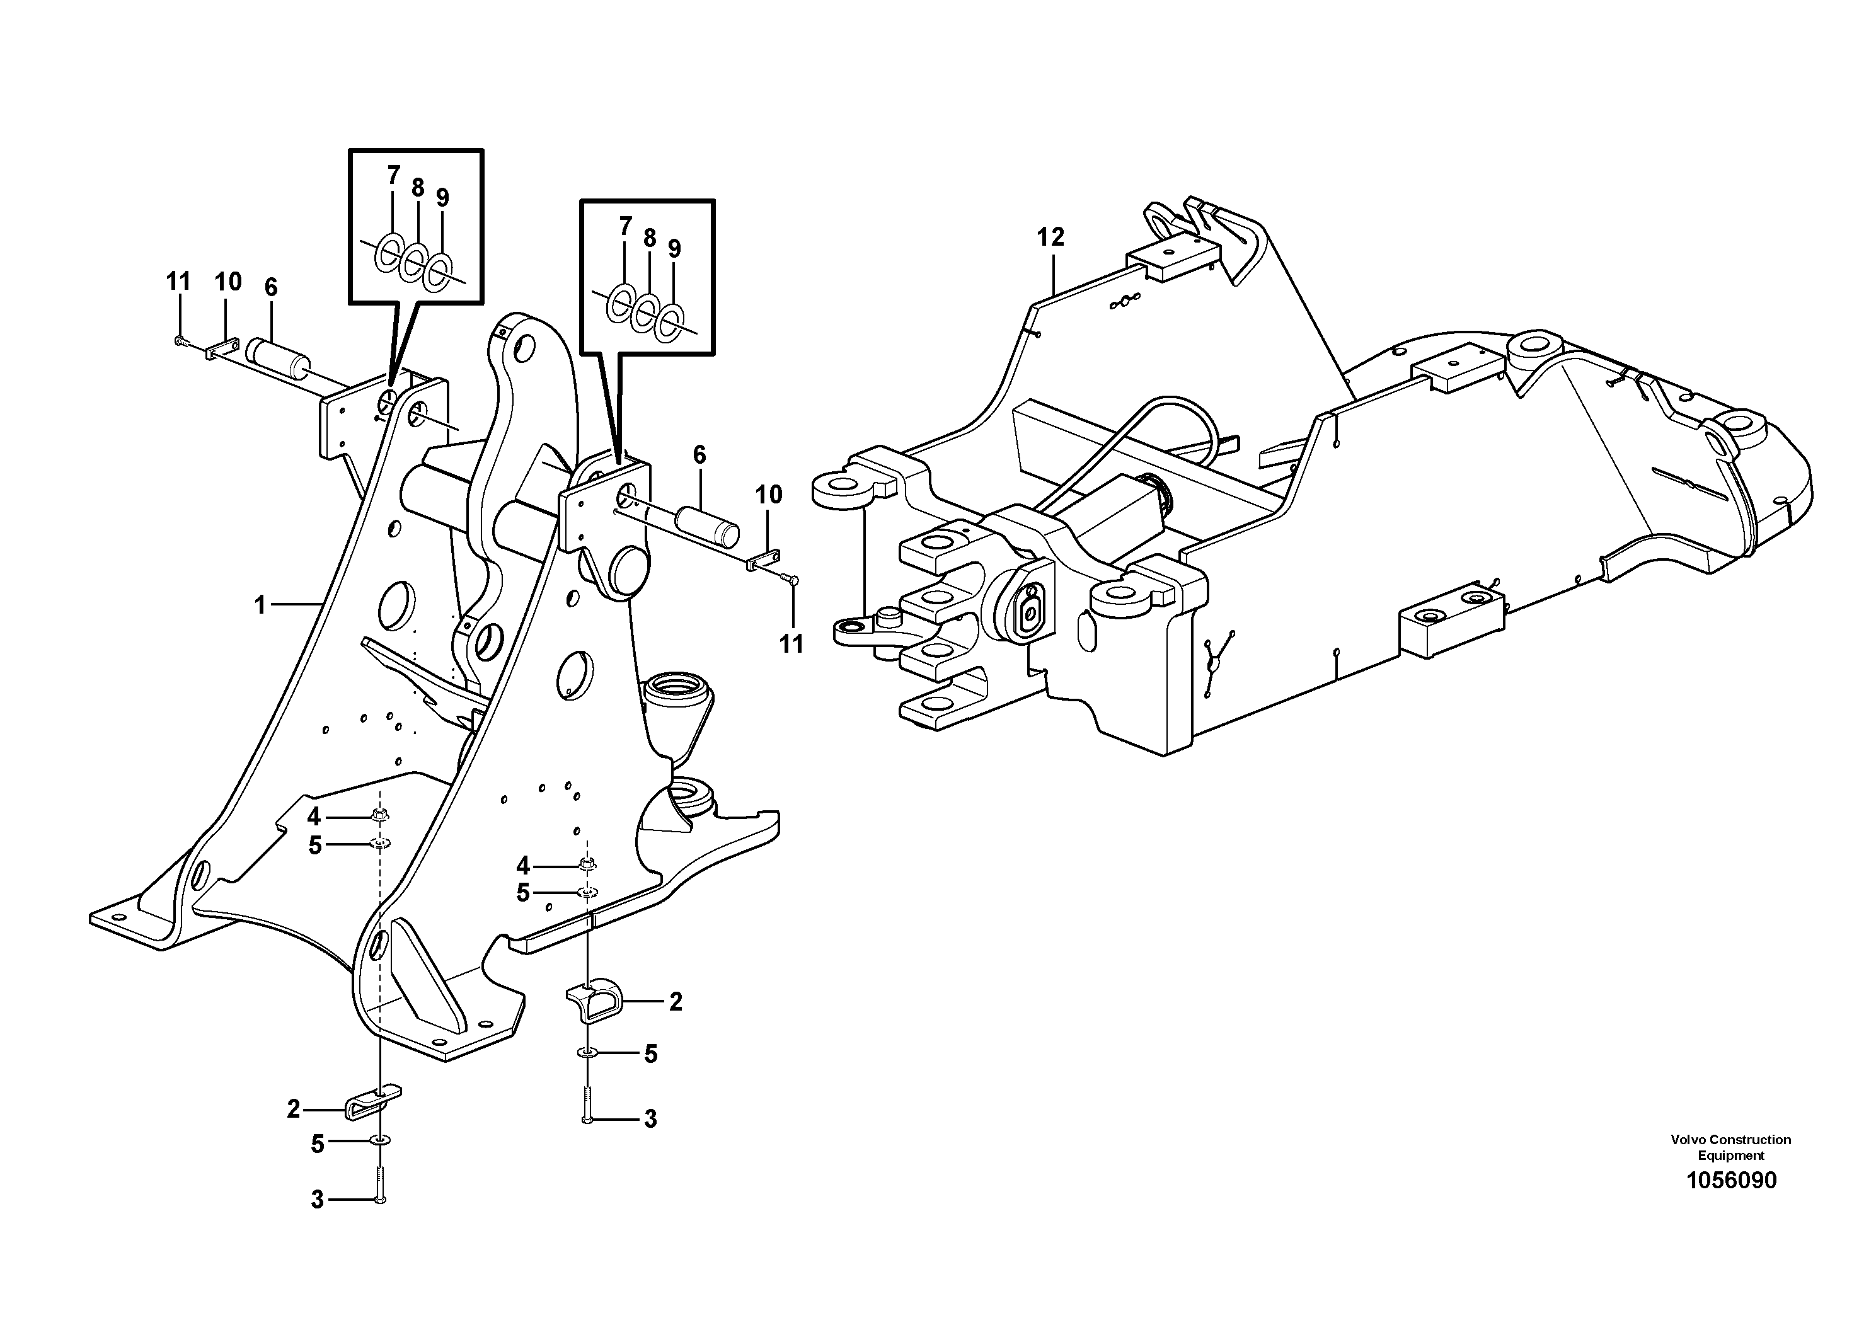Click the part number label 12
[1050, 238]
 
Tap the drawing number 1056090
[1730, 1181]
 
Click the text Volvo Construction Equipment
[1730, 1147]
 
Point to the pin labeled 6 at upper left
[279, 357]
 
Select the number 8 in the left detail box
[418, 188]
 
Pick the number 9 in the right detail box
[674, 249]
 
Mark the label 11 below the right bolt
[791, 645]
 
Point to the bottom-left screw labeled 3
[380, 1184]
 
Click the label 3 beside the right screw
[650, 1119]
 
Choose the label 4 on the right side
[523, 866]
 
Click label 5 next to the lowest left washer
[317, 1144]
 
